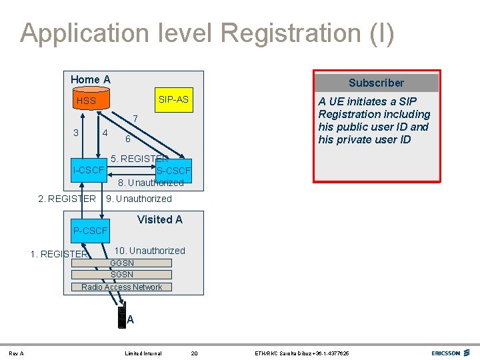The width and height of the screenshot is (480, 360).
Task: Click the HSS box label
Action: tap(87, 101)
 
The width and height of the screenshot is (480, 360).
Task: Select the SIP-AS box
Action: tap(173, 99)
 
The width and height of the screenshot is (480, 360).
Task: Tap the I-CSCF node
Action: tap(89, 171)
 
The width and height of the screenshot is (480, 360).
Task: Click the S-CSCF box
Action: tap(173, 171)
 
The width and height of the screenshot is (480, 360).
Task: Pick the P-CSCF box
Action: tap(90, 231)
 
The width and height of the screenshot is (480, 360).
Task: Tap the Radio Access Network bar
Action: tap(122, 287)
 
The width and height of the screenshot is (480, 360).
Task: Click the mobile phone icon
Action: tap(121, 317)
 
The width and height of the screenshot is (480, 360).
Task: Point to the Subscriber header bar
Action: tap(376, 83)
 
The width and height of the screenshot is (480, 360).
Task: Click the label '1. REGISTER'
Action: tap(59, 254)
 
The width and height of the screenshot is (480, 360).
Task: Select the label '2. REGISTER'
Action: tap(67, 199)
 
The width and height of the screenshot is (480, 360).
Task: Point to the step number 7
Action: tap(135, 119)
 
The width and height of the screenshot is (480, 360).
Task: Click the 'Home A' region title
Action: tap(91, 80)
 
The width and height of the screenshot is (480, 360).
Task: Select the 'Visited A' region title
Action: tap(159, 219)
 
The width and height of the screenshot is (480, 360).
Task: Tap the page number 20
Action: tap(195, 353)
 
